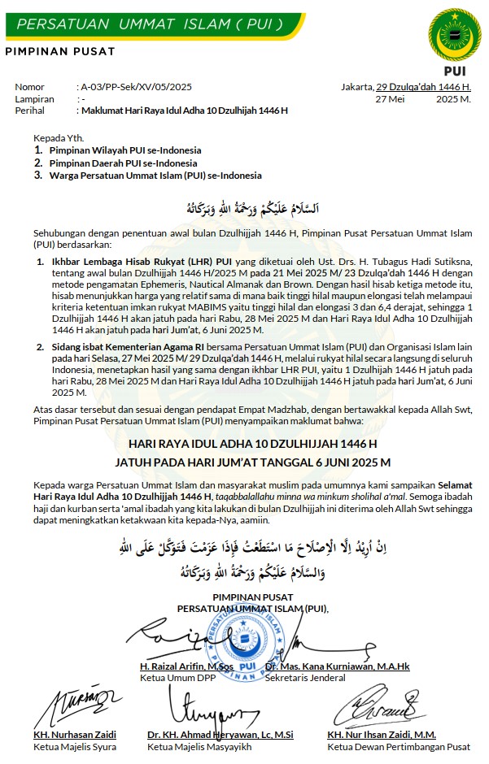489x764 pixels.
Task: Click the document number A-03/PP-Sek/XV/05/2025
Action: pos(135,86)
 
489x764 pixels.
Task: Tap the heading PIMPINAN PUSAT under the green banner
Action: pos(59,52)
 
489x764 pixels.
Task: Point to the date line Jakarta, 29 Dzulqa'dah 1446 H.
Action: pos(406,86)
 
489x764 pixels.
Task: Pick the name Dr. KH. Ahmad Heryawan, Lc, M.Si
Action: pos(220,735)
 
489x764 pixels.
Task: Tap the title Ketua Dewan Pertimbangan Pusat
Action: pos(399,746)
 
